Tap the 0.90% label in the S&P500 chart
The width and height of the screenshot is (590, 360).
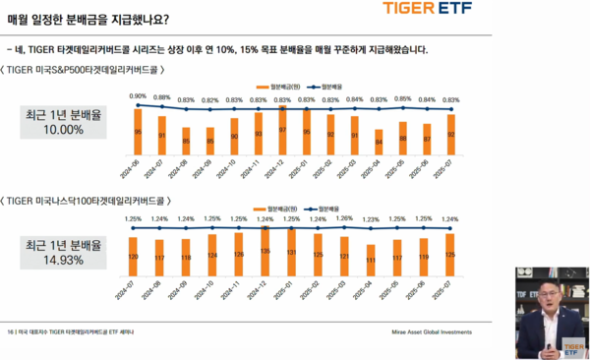coord(139,95)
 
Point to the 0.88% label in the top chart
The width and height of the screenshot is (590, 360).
coord(162,98)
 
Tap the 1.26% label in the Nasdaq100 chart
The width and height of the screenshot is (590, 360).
coord(344,219)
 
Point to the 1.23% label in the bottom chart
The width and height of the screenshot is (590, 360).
coord(371,219)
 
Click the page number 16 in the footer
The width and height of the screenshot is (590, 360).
coord(11,331)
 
